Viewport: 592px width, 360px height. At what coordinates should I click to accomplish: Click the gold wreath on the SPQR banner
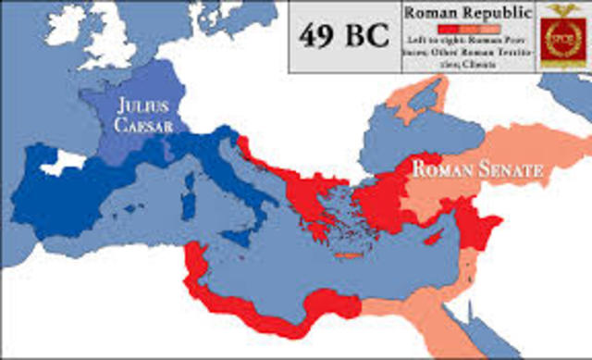(558, 42)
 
